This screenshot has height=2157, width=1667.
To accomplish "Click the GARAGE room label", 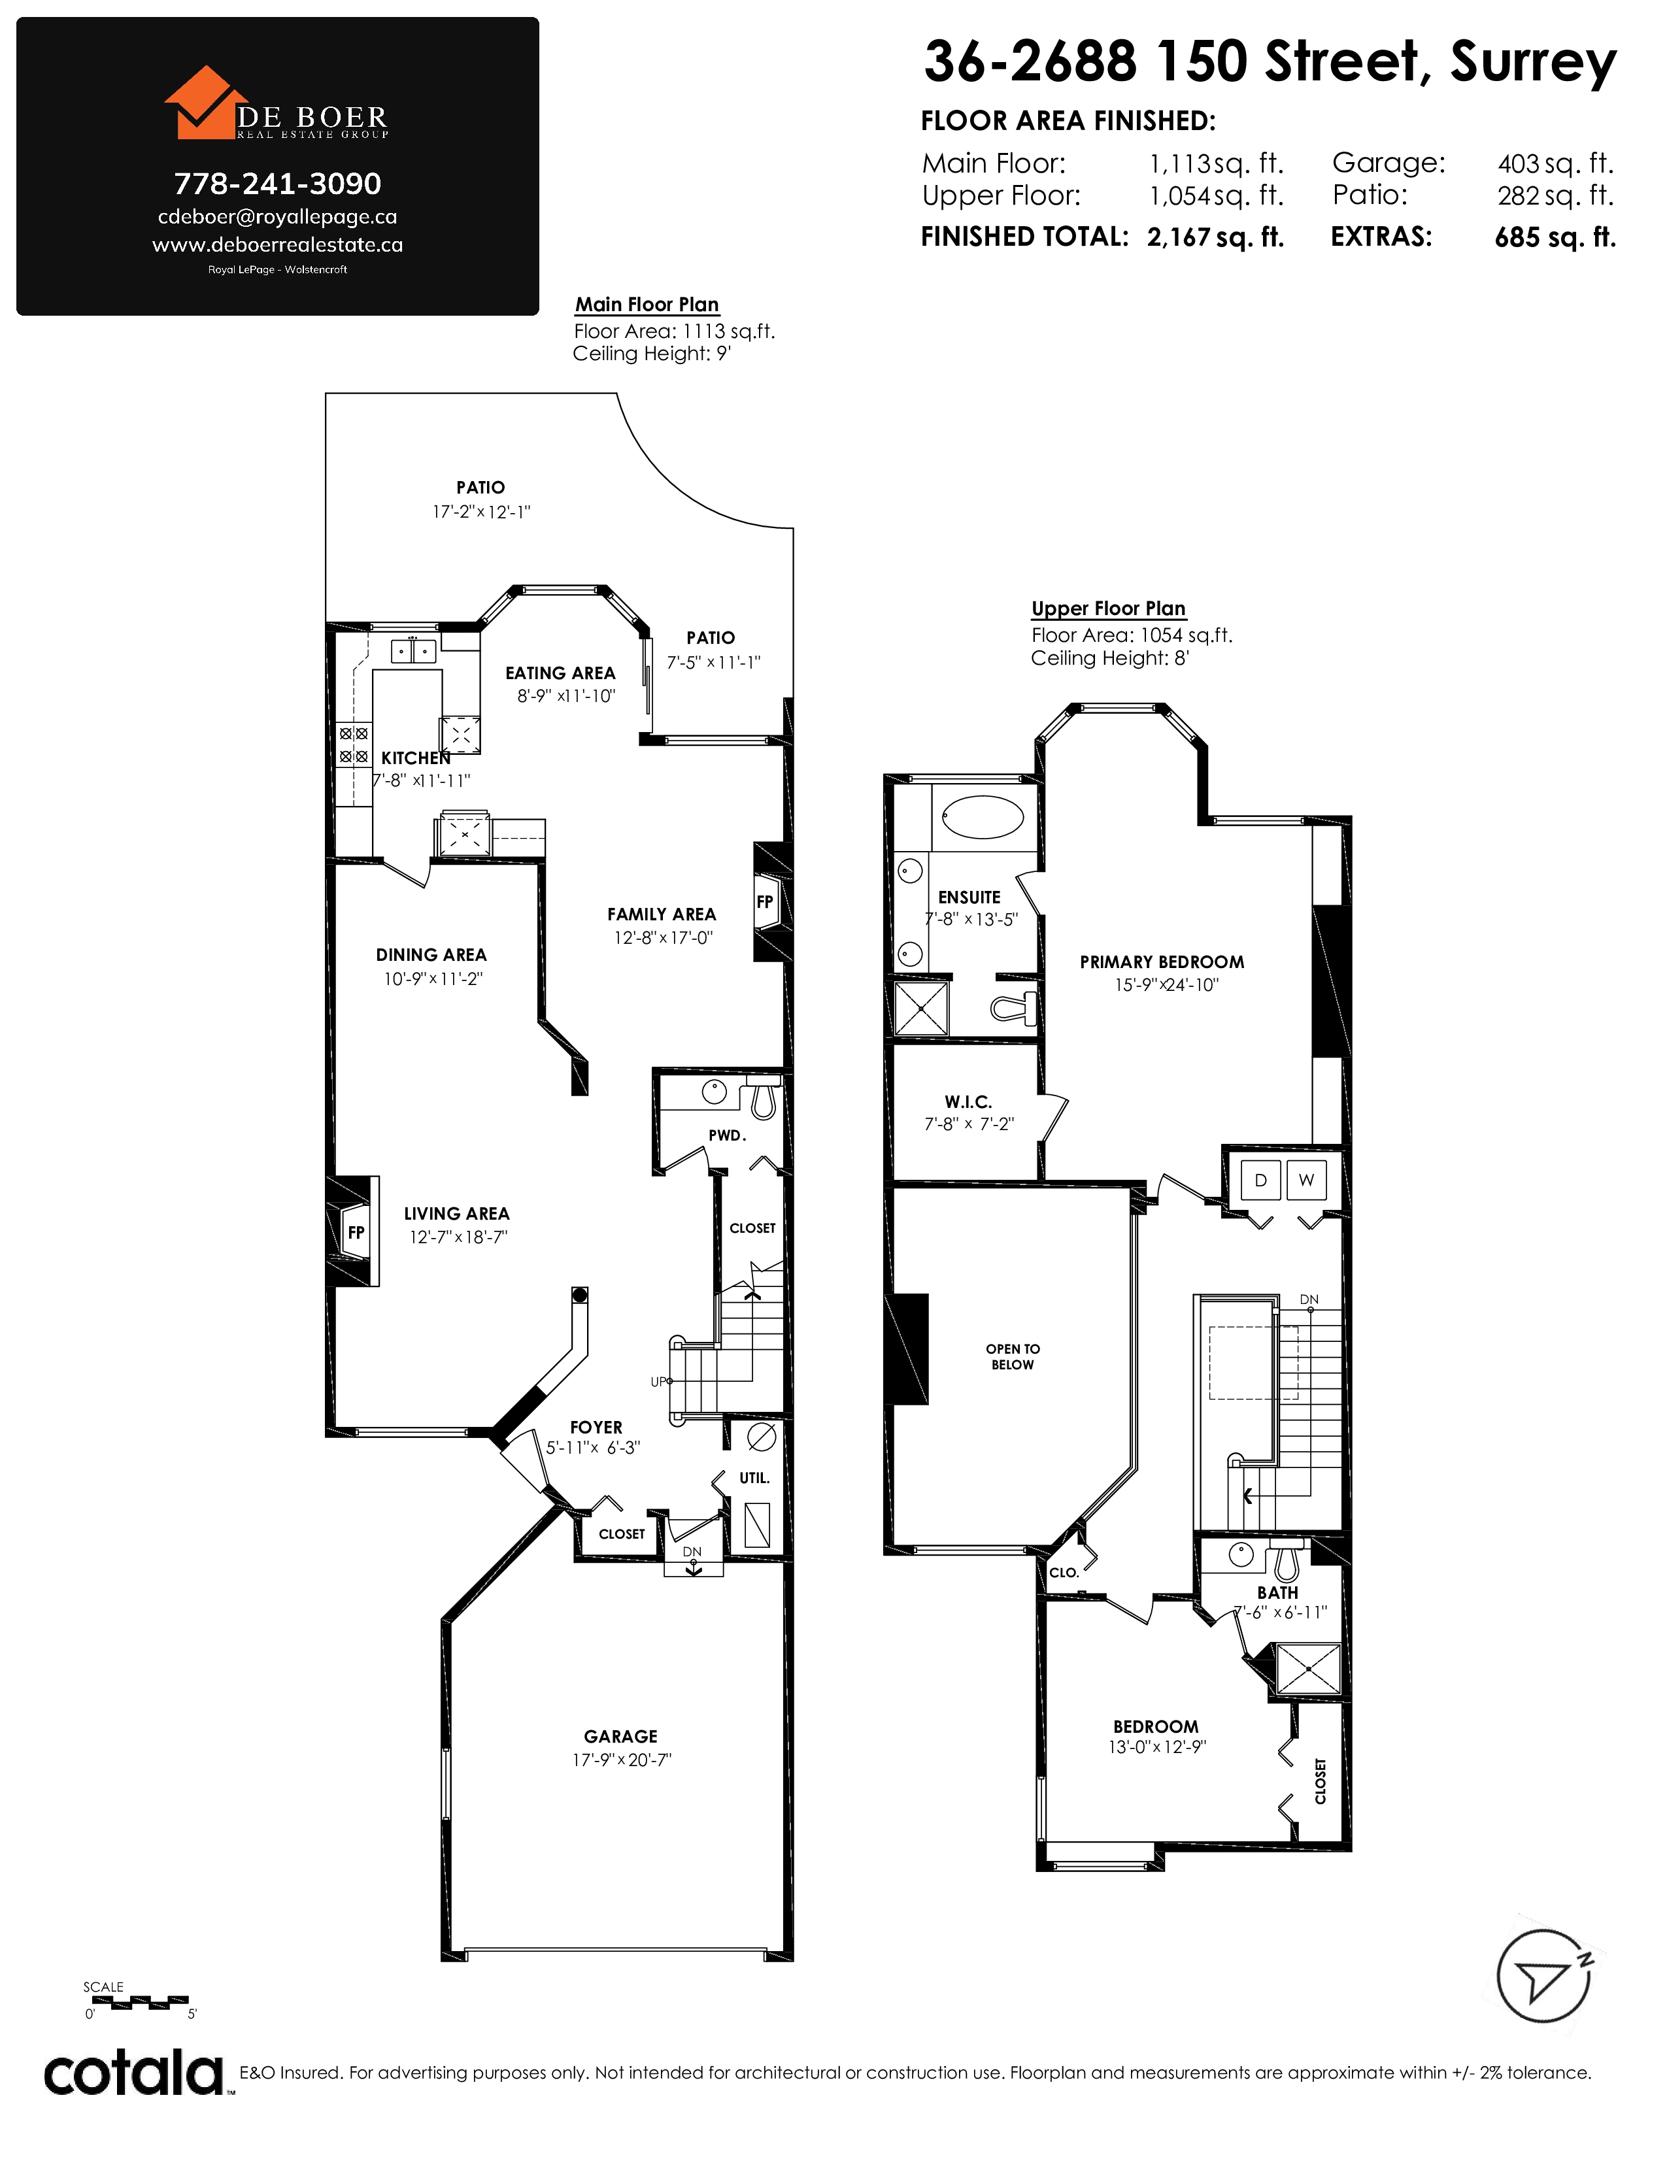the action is pos(620,1736).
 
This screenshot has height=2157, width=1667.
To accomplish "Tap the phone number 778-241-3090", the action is pos(277,184).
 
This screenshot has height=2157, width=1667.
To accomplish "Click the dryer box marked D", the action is pos(1260,1180).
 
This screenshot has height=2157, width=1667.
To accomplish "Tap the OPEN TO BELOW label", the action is pos(1012,1357).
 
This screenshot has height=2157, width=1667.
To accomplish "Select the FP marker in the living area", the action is pos(356,1231).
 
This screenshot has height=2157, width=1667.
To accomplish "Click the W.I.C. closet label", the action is pos(968,1101).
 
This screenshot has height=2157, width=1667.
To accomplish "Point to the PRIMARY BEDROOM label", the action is pos(1162,962).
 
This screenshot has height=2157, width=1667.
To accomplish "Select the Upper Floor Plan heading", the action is pos(1108,609).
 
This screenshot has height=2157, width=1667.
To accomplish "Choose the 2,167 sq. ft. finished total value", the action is pos(1216,237).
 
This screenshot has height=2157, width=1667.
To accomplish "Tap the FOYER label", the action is pos(596,1427).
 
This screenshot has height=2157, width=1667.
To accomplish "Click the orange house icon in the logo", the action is pos(205,103).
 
